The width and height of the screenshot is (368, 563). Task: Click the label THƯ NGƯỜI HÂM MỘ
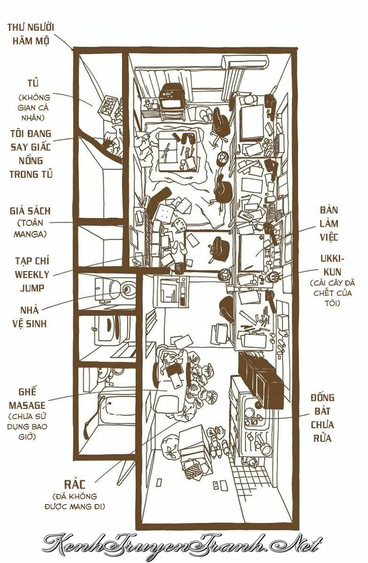31,33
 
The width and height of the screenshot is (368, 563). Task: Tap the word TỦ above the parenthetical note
33,84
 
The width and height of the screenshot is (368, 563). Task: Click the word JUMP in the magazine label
32,288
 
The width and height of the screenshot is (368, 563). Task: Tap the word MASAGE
27,405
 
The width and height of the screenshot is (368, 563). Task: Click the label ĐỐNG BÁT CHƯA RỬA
322,418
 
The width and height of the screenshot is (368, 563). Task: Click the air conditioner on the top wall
244,63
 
